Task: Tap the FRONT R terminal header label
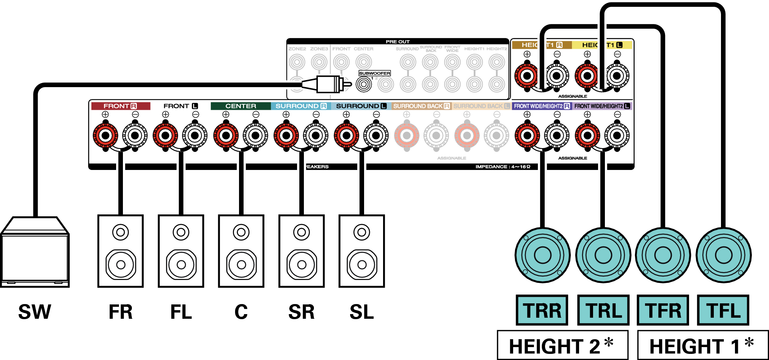pyautogui.click(x=120, y=106)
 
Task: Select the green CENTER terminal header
pyautogui.click(x=240, y=106)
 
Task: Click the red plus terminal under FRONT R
pyautogui.click(x=105, y=136)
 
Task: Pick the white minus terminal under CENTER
pyautogui.click(x=255, y=136)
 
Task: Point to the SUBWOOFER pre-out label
pyautogui.click(x=374, y=73)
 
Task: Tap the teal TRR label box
pyautogui.click(x=542, y=310)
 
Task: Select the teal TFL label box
pyautogui.click(x=723, y=310)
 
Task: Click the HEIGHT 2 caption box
pyautogui.click(x=563, y=345)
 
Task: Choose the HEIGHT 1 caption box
pyautogui.click(x=703, y=345)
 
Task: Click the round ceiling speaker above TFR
pyautogui.click(x=663, y=255)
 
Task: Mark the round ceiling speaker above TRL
pyautogui.click(x=603, y=255)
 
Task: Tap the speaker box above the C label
pyautogui.click(x=241, y=251)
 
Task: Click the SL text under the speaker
pyautogui.click(x=362, y=312)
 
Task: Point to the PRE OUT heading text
pyautogui.click(x=397, y=42)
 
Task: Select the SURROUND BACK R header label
pyautogui.click(x=421, y=106)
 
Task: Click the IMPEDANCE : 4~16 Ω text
pyautogui.click(x=502, y=167)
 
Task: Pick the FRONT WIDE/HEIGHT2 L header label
pyautogui.click(x=602, y=106)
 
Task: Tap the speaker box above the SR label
pyautogui.click(x=301, y=251)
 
